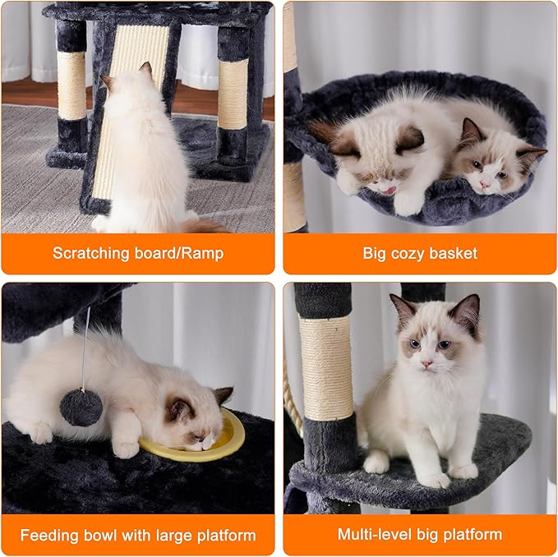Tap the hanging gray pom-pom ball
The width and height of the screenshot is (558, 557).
81,407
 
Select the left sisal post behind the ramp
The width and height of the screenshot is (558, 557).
71,85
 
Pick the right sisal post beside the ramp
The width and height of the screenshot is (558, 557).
233,94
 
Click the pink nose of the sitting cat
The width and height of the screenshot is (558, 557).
427,364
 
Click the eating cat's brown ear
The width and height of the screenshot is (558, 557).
222,396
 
